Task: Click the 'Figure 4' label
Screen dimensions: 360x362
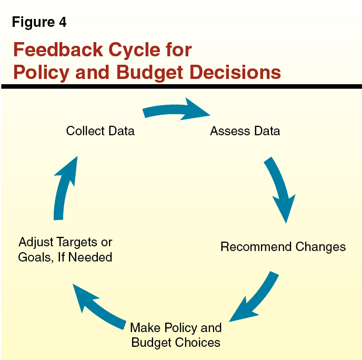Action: pyautogui.click(x=39, y=23)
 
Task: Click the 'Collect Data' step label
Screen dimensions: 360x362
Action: pyautogui.click(x=100, y=131)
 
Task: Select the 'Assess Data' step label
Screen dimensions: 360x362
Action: pyautogui.click(x=245, y=131)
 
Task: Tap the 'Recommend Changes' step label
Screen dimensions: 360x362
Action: pyautogui.click(x=283, y=246)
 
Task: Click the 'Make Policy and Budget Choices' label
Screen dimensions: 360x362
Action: pyautogui.click(x=176, y=335)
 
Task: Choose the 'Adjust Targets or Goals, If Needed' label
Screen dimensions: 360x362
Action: pyautogui.click(x=65, y=249)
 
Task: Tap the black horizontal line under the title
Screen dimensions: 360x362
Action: pyautogui.click(x=181, y=86)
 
